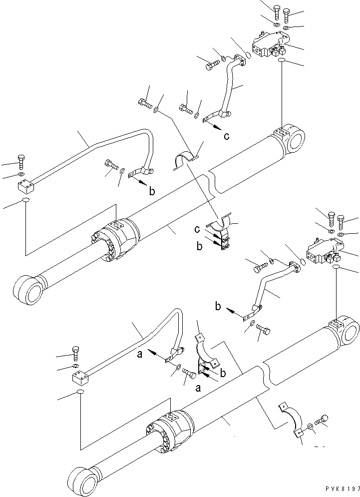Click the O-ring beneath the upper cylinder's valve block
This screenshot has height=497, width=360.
click(x=282, y=60)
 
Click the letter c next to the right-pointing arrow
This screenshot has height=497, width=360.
click(x=227, y=135)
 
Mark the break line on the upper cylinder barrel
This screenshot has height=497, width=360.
click(x=213, y=182)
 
